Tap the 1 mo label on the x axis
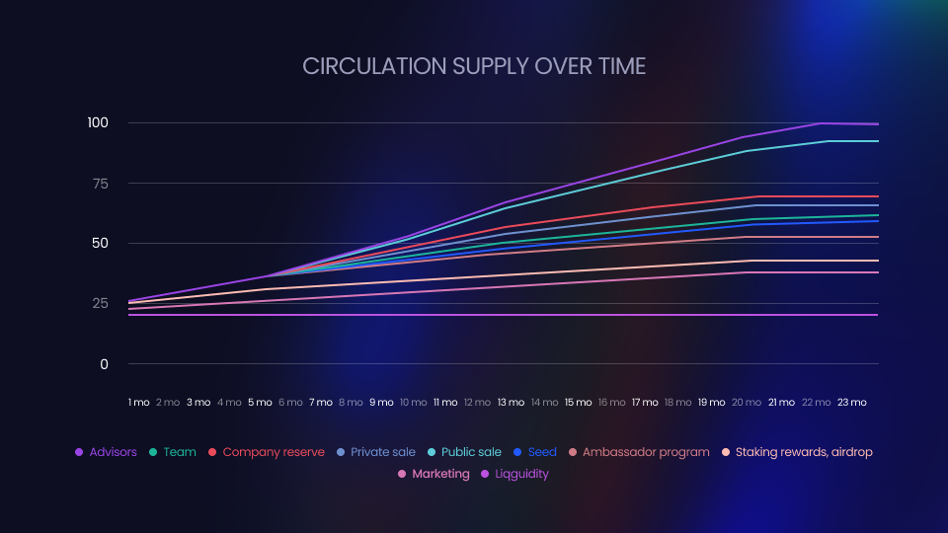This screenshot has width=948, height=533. tap(139, 403)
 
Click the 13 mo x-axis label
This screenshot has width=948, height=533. tap(512, 403)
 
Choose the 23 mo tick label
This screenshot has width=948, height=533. tap(851, 403)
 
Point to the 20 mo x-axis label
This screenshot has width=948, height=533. tap(747, 403)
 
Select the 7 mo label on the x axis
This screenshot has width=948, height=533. tap(321, 403)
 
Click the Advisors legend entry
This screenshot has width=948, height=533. tap(106, 452)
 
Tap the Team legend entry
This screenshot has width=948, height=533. tap(173, 452)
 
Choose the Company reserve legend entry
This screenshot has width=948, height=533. tap(266, 452)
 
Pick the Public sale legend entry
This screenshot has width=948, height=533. tap(464, 452)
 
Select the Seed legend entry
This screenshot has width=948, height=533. tap(535, 452)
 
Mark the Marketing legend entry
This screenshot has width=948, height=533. tap(434, 474)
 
